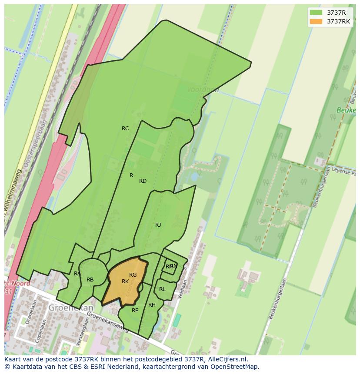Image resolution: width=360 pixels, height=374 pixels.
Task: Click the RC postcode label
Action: [x=125, y=129]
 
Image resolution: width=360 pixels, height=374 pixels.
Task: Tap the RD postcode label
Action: [x=143, y=181]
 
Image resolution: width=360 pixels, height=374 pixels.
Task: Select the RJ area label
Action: [x=158, y=225]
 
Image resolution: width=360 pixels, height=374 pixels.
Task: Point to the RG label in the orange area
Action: [x=133, y=275]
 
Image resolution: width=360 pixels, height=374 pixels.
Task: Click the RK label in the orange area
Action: [x=125, y=281]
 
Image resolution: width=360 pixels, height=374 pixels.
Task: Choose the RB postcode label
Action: [x=90, y=280]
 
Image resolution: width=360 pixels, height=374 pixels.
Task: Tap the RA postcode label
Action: [x=77, y=274]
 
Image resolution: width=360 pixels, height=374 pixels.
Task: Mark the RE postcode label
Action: [x=135, y=311]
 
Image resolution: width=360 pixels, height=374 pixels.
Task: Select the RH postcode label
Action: [x=152, y=305]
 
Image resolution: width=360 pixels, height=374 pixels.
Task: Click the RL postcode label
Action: [x=162, y=289]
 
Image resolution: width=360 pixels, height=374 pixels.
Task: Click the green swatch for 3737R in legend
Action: [x=316, y=12]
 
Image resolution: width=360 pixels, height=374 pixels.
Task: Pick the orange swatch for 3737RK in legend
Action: [x=316, y=21]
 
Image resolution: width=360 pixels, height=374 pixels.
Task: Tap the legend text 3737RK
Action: [x=339, y=21]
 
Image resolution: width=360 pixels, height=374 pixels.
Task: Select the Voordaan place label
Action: [x=203, y=89]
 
